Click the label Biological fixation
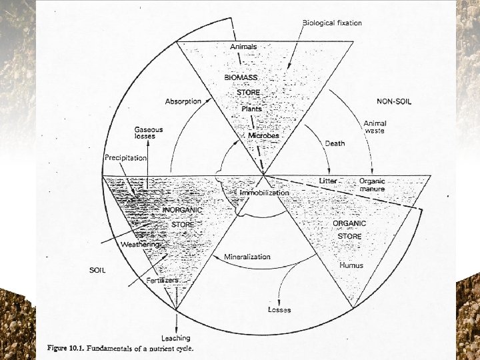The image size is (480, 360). pos(332,23)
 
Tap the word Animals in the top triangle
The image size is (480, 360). pos(243,47)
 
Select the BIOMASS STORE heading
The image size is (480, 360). pos(242,85)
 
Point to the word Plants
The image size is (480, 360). pos(251,108)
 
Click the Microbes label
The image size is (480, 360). pos(263,135)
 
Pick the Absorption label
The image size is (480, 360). pos(183,101)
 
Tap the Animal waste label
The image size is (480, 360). pos(375,127)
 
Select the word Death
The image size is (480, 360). pos(335,143)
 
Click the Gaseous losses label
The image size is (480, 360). pos(148,133)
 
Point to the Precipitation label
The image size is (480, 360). pos(125,158)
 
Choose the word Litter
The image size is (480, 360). pos(327,181)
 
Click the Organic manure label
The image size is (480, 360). pos(372,185)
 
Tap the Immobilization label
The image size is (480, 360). pos(264,193)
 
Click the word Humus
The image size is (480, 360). pos(351,265)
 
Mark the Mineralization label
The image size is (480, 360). pos(247,257)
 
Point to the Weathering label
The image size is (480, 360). pos(141,245)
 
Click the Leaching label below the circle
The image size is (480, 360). pos(176,338)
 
